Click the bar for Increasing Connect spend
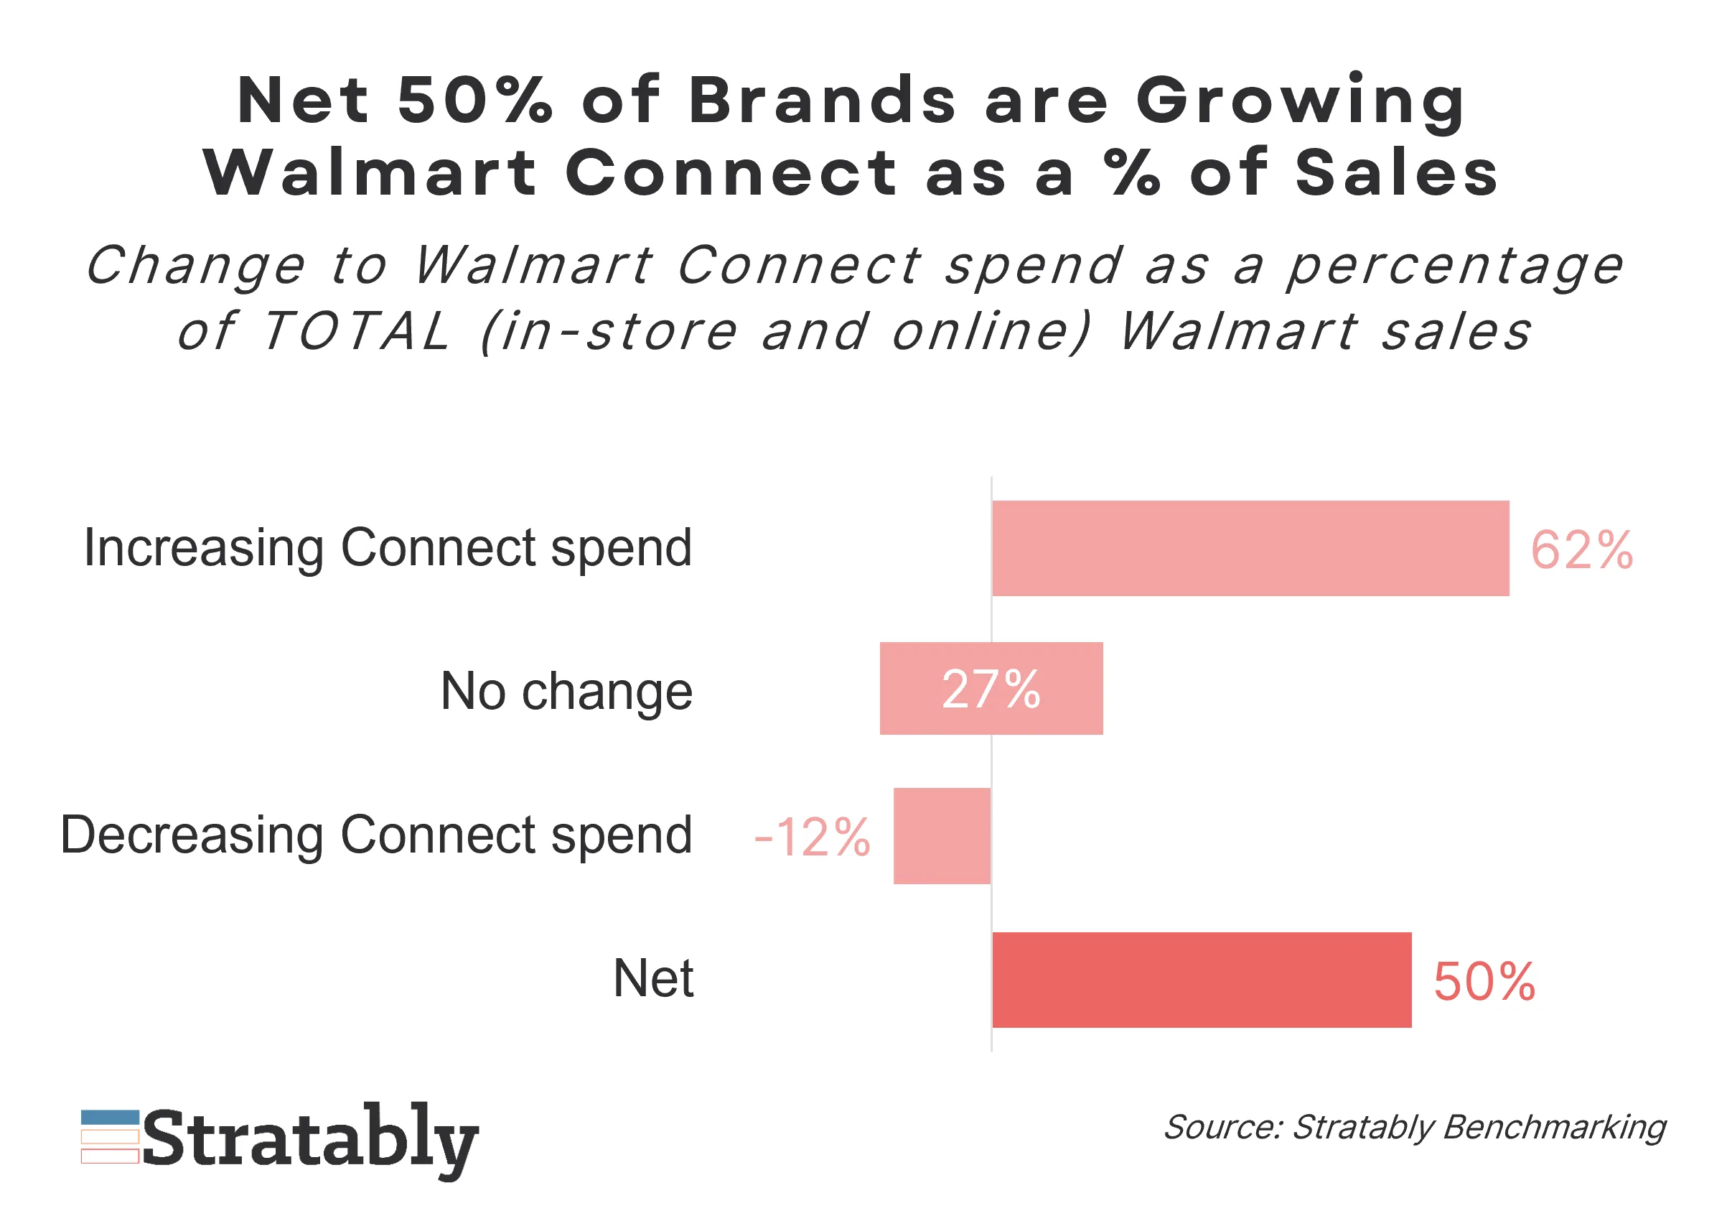coord(1250,548)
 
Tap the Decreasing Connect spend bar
coord(942,835)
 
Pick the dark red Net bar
coord(1202,980)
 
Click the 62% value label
coord(1581,550)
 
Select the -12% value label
coord(812,837)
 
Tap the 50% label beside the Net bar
coord(1483,981)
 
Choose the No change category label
coord(566,691)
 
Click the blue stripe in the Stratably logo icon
coord(110,1118)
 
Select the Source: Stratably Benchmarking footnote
coord(1414,1127)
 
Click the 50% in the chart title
coord(474,100)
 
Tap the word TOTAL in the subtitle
coord(357,331)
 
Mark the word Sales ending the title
coord(1397,173)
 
